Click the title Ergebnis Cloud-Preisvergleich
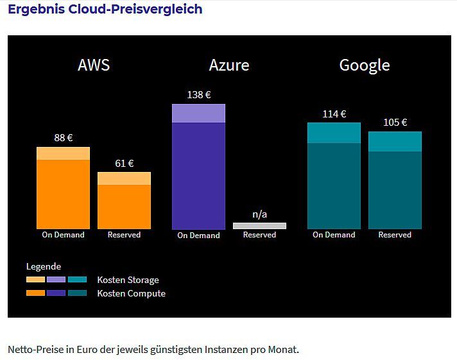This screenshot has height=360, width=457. tap(105, 10)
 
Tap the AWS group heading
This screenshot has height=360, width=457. tap(94, 65)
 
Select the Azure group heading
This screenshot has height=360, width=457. tap(229, 65)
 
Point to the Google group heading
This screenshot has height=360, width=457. tap(364, 65)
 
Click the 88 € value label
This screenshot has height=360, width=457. tap(63, 137)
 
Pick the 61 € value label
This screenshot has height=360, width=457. tap(124, 163)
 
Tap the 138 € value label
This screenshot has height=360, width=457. tap(198, 94)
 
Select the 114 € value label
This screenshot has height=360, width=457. tap(334, 114)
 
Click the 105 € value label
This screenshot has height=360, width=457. tap(395, 123)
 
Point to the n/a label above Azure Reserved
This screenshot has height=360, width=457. tap(259, 214)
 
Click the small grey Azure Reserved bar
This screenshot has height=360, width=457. tap(259, 226)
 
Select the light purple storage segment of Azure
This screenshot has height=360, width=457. tap(198, 113)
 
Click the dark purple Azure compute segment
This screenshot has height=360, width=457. tap(198, 175)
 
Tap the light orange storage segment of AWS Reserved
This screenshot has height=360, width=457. tap(124, 178)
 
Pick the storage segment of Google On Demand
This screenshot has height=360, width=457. tap(334, 133)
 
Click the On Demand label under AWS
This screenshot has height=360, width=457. tap(63, 235)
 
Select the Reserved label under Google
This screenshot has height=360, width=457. tap(395, 235)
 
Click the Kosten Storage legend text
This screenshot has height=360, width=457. tap(128, 280)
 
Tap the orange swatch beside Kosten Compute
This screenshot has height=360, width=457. tap(35, 293)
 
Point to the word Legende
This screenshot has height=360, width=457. tap(44, 266)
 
